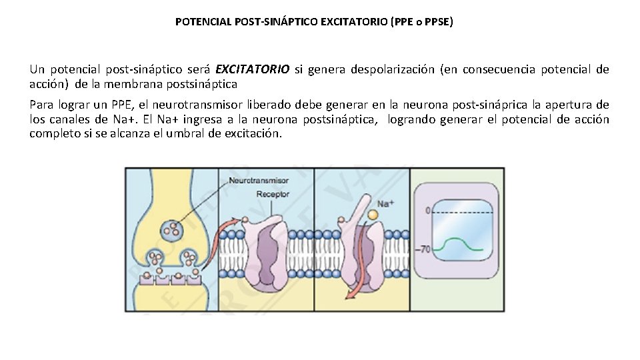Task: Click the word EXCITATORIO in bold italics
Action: (253, 69)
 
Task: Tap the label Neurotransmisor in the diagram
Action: (258, 181)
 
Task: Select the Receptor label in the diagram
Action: (273, 194)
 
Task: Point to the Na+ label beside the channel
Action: (385, 203)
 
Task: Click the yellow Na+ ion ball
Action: (373, 215)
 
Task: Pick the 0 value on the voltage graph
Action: (427, 211)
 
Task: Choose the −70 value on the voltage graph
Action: (424, 249)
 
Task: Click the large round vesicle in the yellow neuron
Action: (173, 230)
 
